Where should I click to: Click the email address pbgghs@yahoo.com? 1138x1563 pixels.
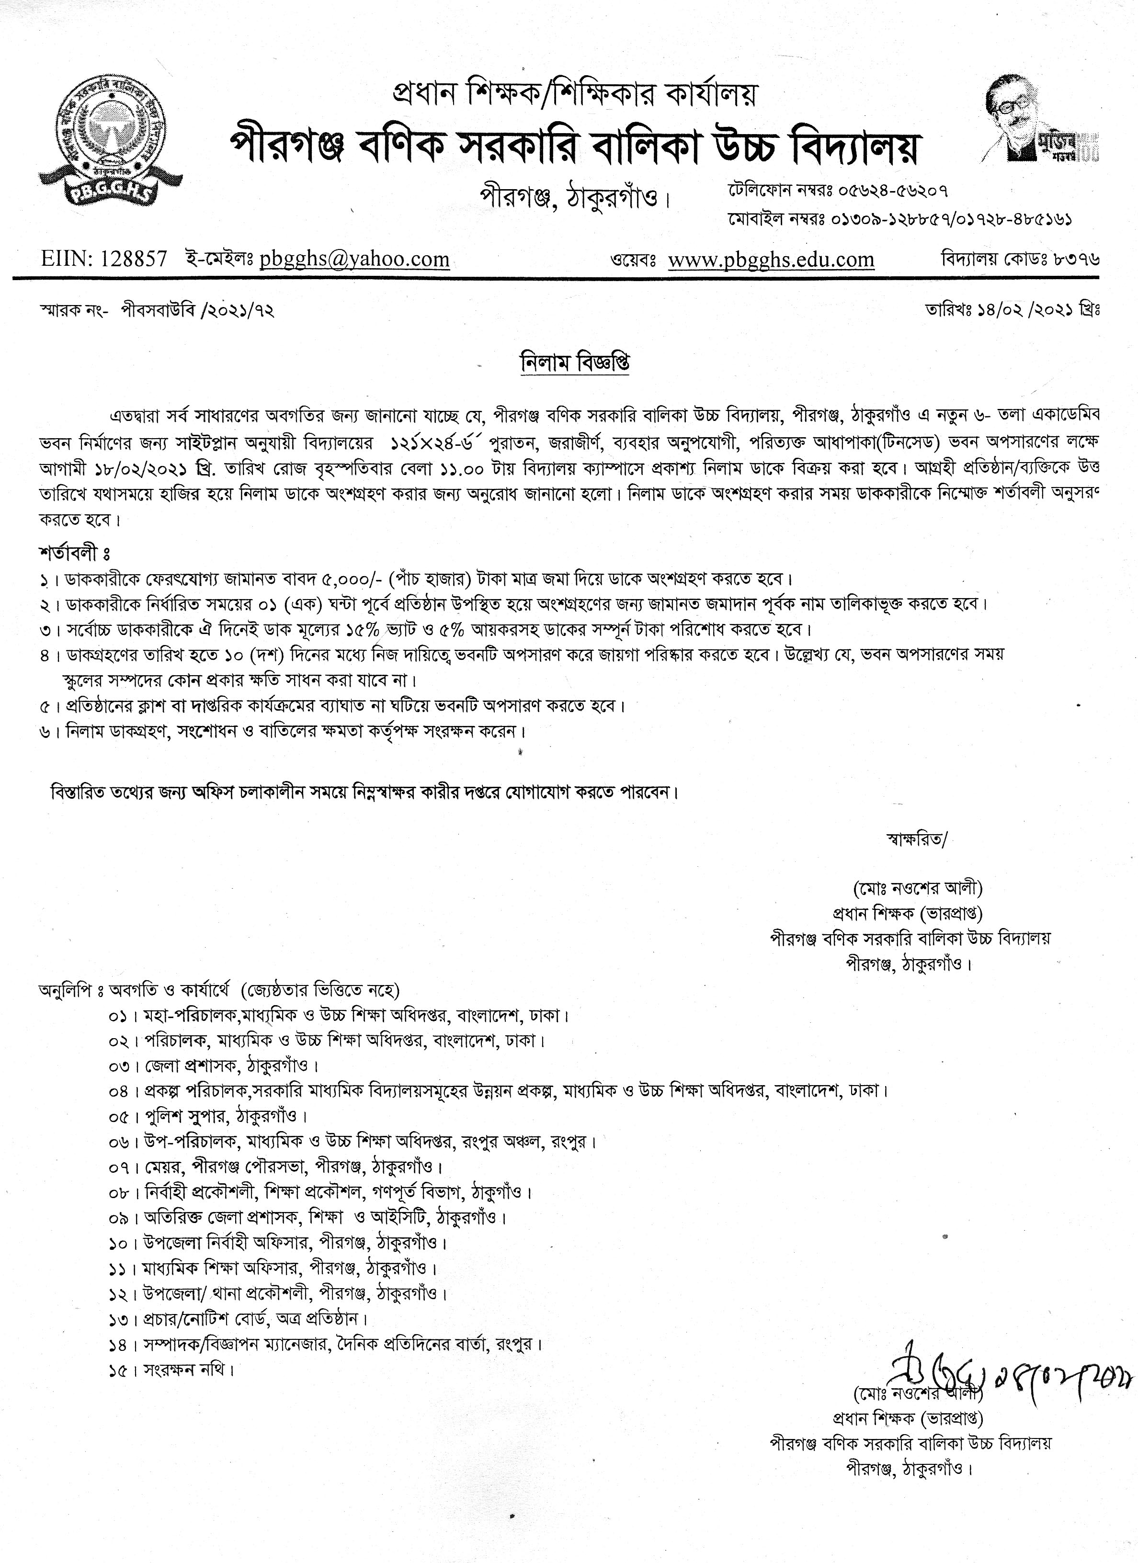click(x=354, y=260)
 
